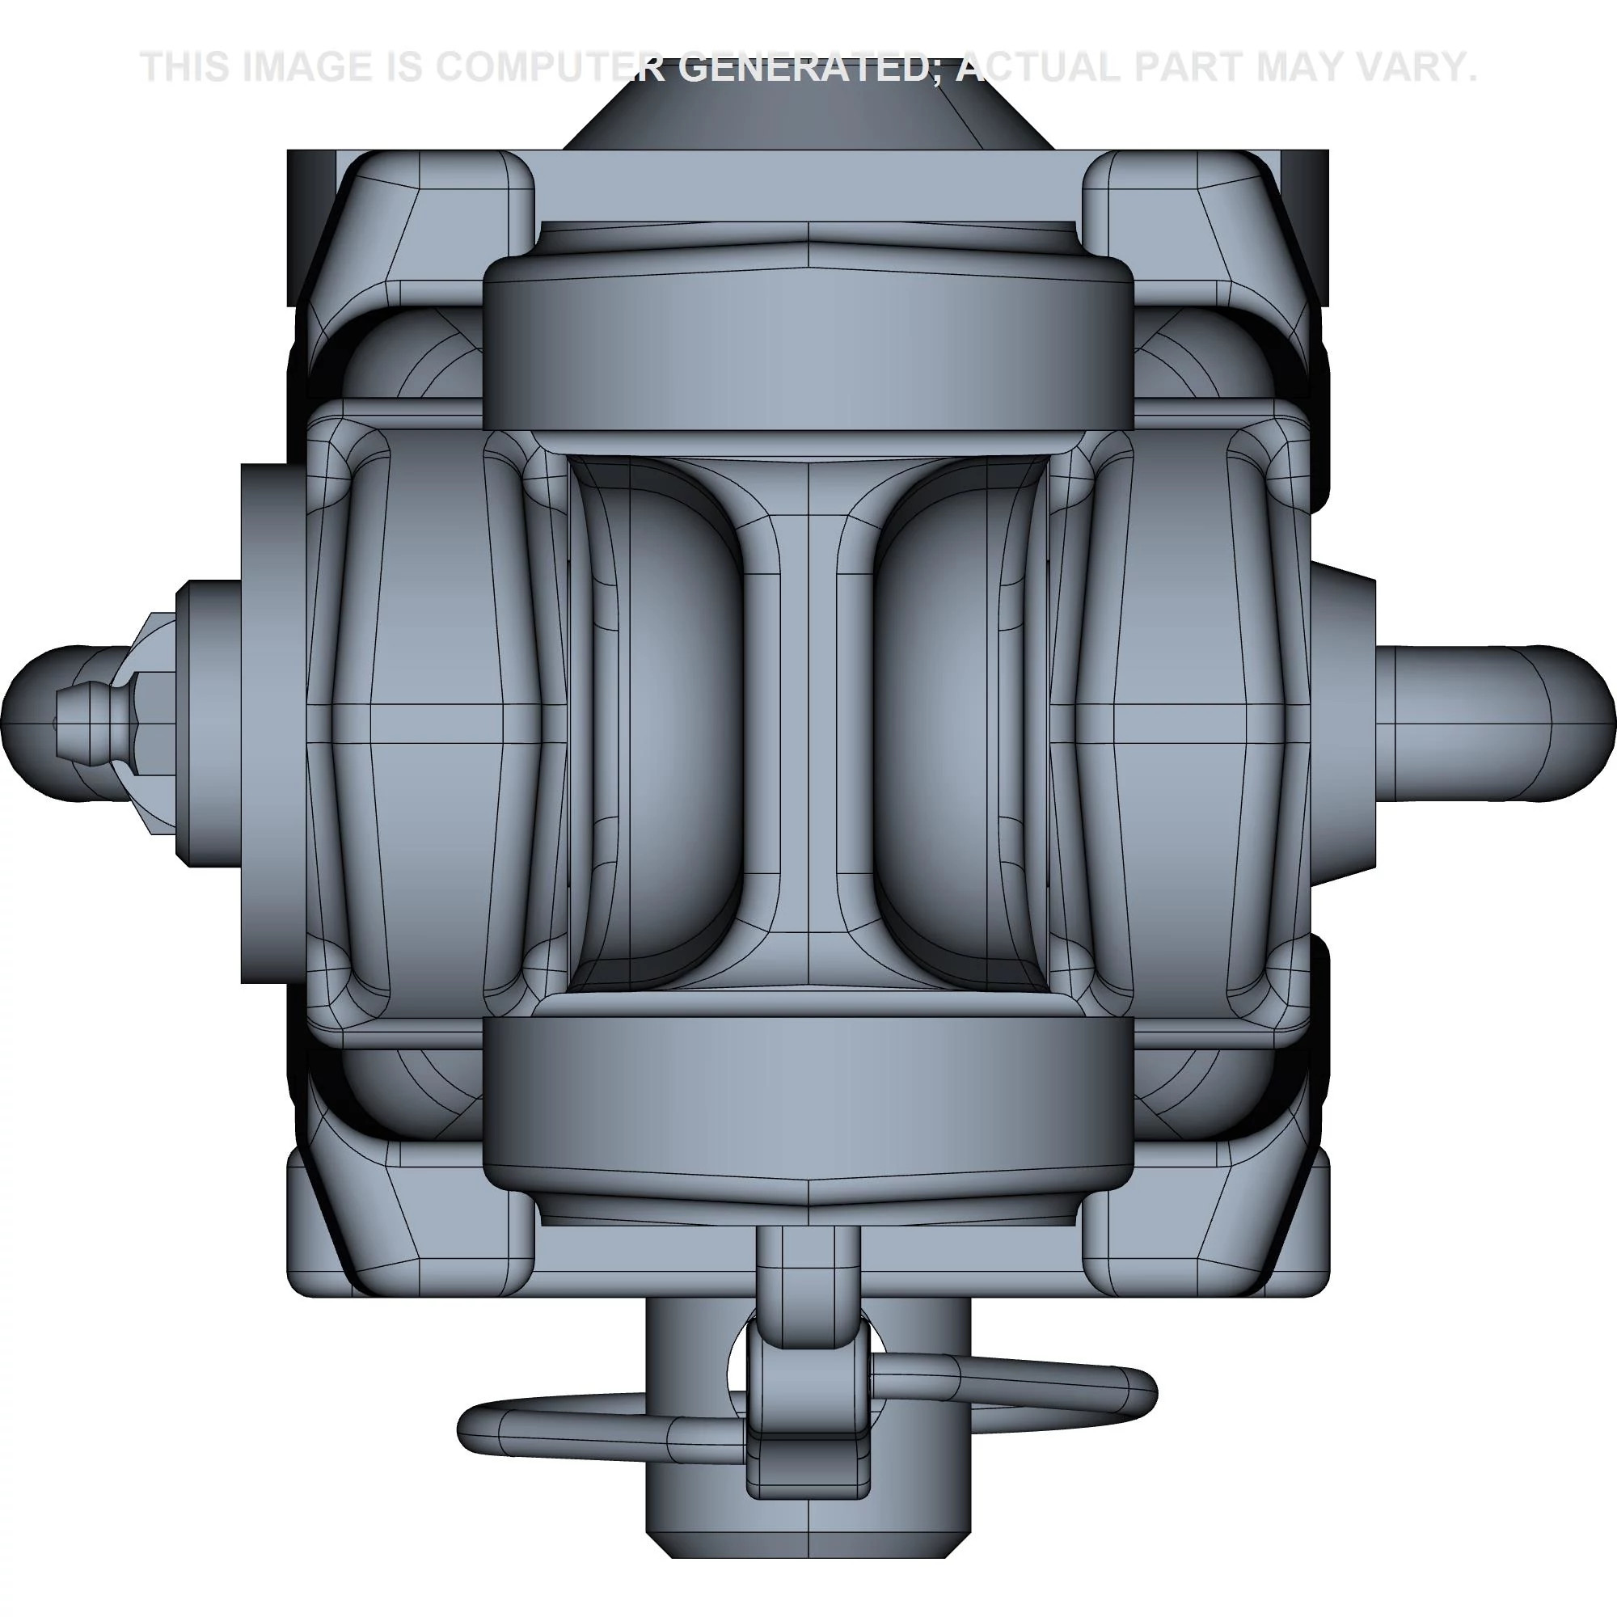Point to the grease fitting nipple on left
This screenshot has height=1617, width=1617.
(88, 722)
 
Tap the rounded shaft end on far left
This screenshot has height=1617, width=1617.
(33, 722)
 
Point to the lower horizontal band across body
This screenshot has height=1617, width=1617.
(808, 1096)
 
